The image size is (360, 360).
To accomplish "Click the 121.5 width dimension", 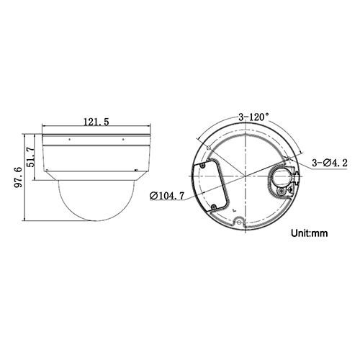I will pos(96,122).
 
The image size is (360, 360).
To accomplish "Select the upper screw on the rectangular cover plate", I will pos(202,164).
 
